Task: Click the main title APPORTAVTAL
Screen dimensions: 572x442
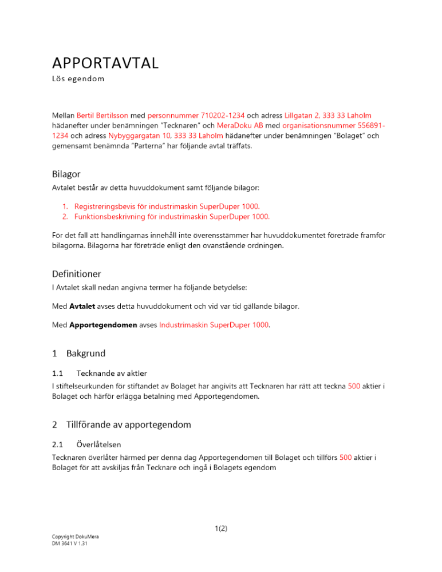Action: [x=105, y=63]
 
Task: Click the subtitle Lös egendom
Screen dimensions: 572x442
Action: [x=78, y=78]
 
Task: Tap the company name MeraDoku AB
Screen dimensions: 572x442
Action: [x=240, y=125]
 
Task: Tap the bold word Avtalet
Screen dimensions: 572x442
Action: [x=82, y=307]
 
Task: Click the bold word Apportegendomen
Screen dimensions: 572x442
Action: [x=104, y=325]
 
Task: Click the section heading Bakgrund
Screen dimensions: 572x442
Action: [x=85, y=353]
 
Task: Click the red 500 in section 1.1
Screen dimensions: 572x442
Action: [x=353, y=386]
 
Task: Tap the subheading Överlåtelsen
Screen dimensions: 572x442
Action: [x=98, y=444]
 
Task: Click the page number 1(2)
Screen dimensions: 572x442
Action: [x=220, y=529]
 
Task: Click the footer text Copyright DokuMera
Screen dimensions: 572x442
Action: [x=74, y=537]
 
